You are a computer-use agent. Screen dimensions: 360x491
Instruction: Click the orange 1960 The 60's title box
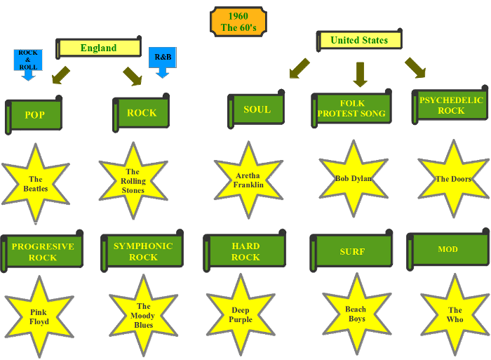point(238,22)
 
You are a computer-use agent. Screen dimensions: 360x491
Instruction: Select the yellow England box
point(99,48)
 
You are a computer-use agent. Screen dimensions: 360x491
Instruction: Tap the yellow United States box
point(359,40)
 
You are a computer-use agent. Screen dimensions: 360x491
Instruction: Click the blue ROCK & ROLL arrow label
point(28,61)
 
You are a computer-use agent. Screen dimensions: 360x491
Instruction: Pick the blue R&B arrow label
point(162,59)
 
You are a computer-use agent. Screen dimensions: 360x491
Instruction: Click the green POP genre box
point(35,115)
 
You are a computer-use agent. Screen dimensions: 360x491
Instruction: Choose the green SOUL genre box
point(257,109)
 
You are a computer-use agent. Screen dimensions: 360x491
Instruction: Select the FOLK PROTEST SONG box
point(352,109)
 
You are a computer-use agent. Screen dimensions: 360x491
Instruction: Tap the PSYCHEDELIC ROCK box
point(451,105)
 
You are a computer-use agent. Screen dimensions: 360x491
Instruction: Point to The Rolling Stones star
point(133,181)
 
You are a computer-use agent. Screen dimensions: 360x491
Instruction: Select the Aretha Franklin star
point(248,180)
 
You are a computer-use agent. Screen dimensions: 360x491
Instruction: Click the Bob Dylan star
point(353,178)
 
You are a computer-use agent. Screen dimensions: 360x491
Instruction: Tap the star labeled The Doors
point(453,179)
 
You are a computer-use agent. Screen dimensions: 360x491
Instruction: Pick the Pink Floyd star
point(39,317)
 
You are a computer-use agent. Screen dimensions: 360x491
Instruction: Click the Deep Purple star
point(240,315)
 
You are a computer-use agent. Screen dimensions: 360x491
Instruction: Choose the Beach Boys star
point(356,314)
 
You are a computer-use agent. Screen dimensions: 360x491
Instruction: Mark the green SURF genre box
point(352,252)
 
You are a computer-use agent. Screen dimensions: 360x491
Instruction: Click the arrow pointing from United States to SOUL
point(300,68)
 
